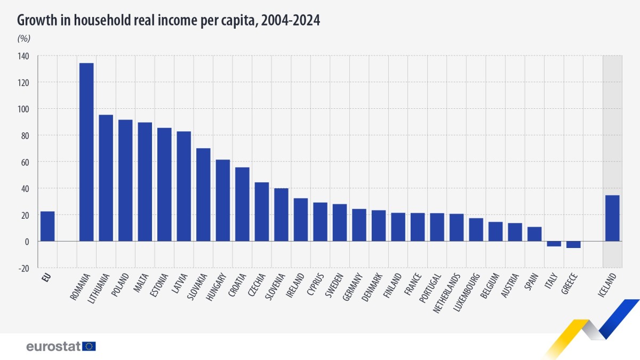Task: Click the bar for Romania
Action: pos(86,152)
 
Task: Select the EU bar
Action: pos(47,227)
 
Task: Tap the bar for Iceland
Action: pos(612,218)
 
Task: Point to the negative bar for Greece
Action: pos(573,245)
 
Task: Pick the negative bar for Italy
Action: pos(554,244)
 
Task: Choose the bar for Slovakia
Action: pos(203,195)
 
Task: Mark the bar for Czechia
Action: pos(262,212)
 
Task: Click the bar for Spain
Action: pos(534,234)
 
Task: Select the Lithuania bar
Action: pos(106,178)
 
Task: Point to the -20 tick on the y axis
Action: pos(23,268)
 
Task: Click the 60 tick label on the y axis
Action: pos(25,162)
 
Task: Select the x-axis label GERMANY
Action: pos(353,288)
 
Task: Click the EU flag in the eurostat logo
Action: pos(90,346)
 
